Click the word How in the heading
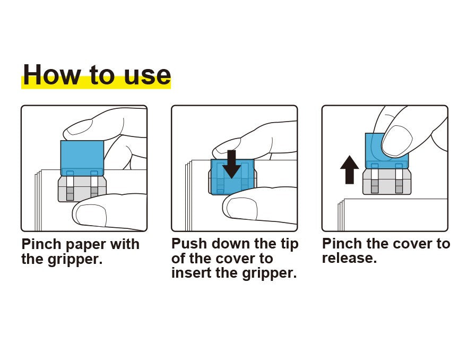coord(52,74)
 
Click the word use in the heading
coord(148,76)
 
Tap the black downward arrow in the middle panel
coord(231,164)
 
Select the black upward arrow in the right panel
coord(349,169)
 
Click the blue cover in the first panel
coord(82,158)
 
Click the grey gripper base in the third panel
coord(387,182)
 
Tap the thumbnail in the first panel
coord(91,214)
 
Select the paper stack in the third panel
coord(393,215)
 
